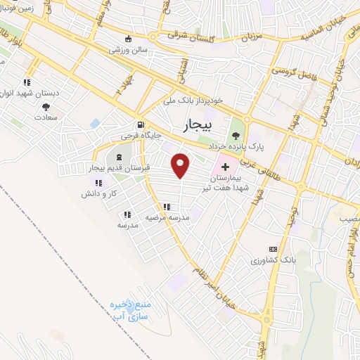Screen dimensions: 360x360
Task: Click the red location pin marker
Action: point(181,165)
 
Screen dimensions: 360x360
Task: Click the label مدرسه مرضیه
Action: point(165,218)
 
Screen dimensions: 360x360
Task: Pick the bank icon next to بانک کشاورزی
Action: point(273,250)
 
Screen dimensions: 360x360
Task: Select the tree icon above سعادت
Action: point(46,108)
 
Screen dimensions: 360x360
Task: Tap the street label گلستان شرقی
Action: point(191,33)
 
